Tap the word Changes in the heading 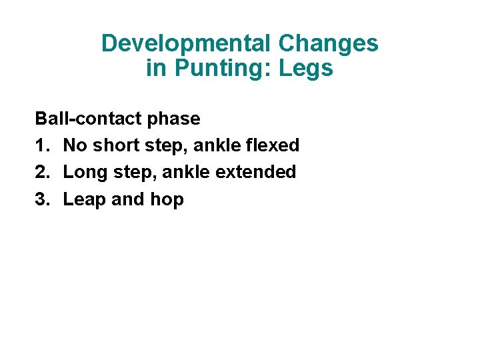click(328, 44)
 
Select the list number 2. click(41, 172)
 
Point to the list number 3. click(41, 199)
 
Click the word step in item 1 click(157, 146)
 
